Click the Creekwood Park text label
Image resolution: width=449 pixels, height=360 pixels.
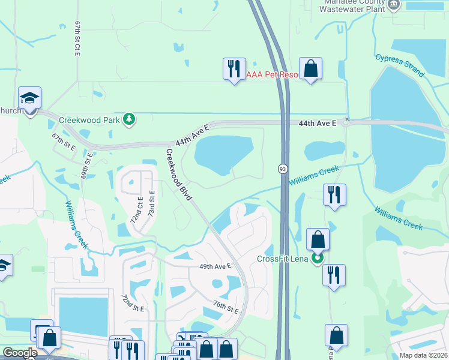pyautogui.click(x=89, y=119)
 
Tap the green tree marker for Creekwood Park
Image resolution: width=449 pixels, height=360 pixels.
pyautogui.click(x=128, y=119)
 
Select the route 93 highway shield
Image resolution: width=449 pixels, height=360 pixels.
pyautogui.click(x=282, y=170)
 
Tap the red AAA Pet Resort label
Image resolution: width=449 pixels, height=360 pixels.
pyautogui.click(x=272, y=74)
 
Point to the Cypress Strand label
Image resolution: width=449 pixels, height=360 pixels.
pyautogui.click(x=400, y=66)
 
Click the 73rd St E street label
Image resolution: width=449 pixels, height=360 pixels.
pyautogui.click(x=152, y=204)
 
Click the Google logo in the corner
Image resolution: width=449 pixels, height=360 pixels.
pyautogui.click(x=19, y=353)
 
